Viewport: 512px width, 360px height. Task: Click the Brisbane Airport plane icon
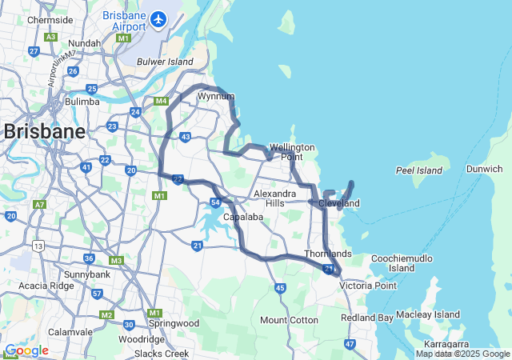[158, 18]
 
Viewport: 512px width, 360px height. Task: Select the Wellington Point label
[292, 152]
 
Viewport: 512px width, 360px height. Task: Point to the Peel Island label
[419, 170]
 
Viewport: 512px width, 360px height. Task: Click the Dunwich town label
[485, 169]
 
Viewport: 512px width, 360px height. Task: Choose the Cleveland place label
[339, 204]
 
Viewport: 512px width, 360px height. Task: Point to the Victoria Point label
[367, 286]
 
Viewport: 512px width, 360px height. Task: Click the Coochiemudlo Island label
[403, 263]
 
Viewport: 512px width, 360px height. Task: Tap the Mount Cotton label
[289, 320]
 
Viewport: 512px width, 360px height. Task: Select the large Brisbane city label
[45, 133]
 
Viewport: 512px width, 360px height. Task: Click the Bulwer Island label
[166, 62]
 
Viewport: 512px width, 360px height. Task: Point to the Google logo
[26, 350]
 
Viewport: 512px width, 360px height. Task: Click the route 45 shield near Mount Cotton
[279, 288]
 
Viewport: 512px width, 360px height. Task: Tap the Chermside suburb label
[50, 20]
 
